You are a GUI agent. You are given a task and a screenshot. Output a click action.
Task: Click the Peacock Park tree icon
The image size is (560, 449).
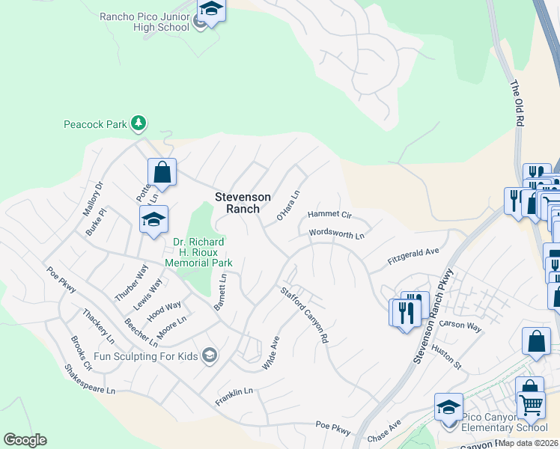(138, 123)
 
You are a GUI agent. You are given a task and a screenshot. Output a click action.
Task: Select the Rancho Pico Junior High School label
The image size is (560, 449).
(145, 21)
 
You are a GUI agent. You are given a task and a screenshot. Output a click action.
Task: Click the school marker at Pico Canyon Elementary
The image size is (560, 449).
(448, 408)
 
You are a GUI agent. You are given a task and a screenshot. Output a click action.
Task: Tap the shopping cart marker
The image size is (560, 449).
(531, 405)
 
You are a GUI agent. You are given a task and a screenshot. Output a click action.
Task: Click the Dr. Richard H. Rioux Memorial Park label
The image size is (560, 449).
(203, 252)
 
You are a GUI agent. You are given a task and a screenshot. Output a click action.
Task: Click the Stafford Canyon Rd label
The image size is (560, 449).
(305, 315)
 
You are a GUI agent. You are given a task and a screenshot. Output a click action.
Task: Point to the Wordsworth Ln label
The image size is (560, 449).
(337, 234)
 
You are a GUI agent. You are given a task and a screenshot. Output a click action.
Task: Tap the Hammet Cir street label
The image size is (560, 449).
(329, 215)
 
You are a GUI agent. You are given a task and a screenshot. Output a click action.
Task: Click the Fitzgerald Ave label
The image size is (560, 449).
(413, 256)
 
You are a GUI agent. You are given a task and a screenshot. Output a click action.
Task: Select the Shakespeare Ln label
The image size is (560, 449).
(90, 380)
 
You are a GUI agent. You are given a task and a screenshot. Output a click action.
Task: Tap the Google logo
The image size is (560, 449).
(25, 440)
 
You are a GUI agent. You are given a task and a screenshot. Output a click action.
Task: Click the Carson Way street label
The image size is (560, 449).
(461, 325)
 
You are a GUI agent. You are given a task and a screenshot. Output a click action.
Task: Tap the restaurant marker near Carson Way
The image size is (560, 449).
(407, 311)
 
